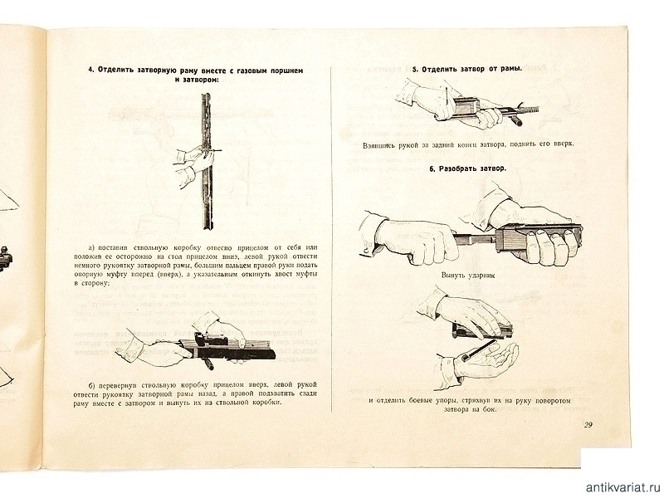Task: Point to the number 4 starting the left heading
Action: (91, 71)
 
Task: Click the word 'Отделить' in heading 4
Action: (120, 71)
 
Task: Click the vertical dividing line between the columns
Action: (332, 249)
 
